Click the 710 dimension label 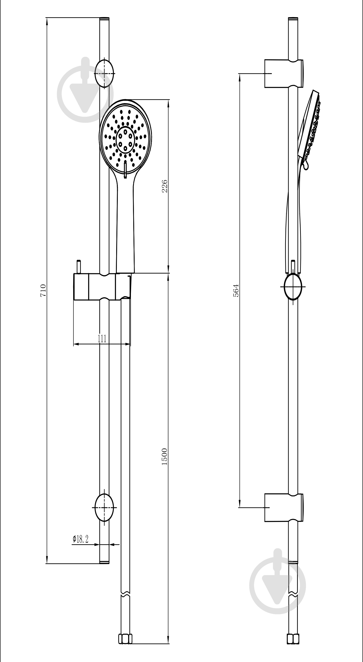[43, 290]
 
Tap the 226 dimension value [165, 186]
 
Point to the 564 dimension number [236, 290]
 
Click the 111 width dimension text [102, 339]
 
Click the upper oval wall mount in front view [104, 74]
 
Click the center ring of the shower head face [125, 140]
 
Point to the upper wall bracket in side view [284, 74]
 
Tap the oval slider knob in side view [293, 287]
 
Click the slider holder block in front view [103, 287]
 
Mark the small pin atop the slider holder [79, 267]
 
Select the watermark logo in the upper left [85, 90]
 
